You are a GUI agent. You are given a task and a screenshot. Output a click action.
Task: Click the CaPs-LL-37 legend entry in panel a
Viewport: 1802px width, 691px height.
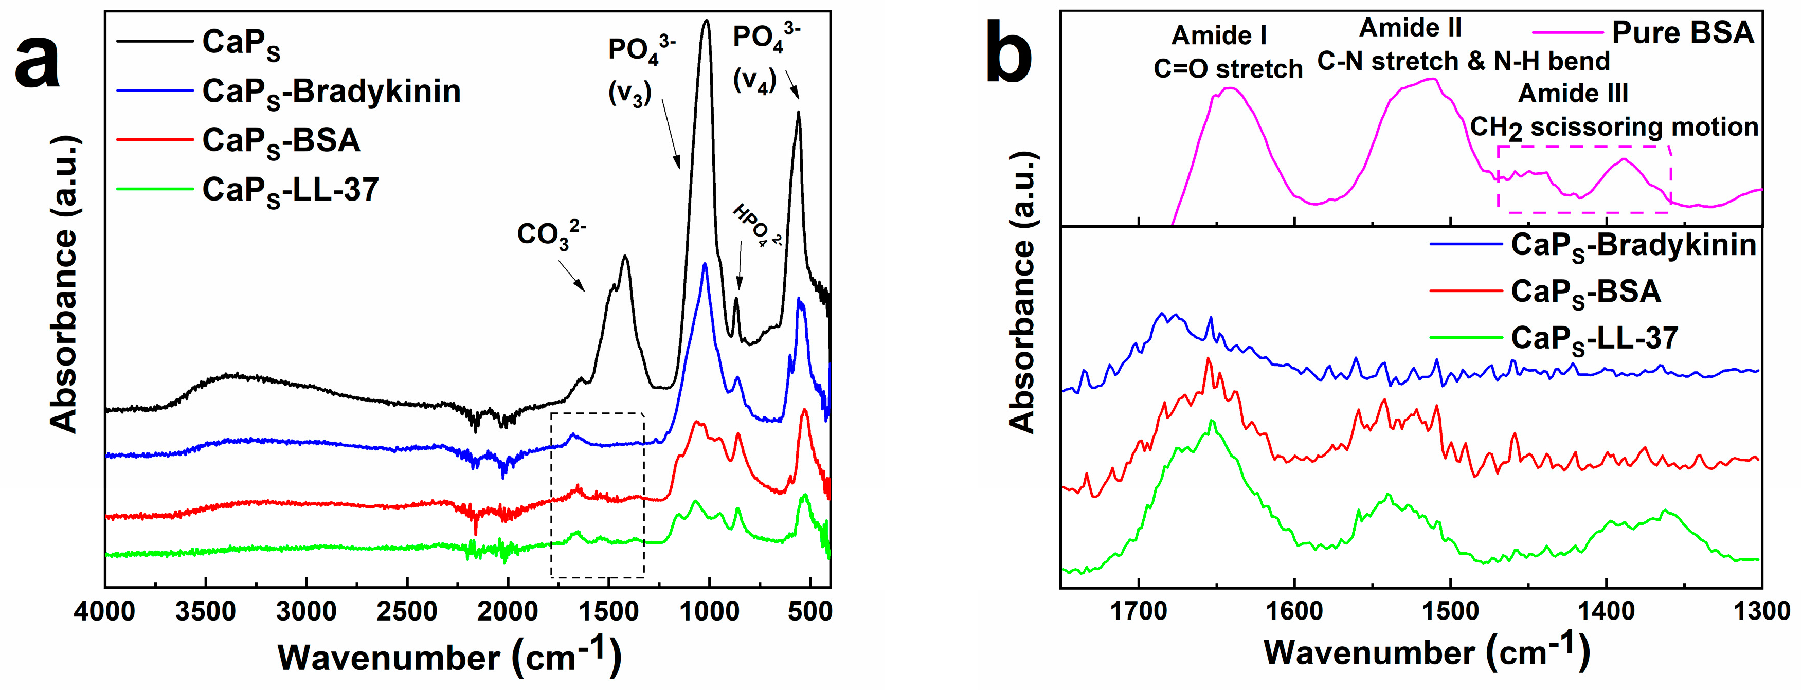coord(291,190)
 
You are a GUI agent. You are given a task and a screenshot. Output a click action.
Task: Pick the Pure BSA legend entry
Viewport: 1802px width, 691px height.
coord(1682,33)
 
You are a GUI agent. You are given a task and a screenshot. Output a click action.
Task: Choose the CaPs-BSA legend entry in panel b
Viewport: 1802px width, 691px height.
coord(1585,292)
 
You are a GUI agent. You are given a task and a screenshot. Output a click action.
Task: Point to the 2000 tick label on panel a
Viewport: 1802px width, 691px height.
coord(508,611)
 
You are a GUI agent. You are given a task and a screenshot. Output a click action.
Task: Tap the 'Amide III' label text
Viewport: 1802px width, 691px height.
coord(1573,93)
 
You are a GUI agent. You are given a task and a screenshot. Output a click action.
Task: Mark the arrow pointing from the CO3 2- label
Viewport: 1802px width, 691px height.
coord(571,276)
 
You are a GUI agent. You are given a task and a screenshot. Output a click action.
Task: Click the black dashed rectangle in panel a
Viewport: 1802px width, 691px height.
coord(551,495)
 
